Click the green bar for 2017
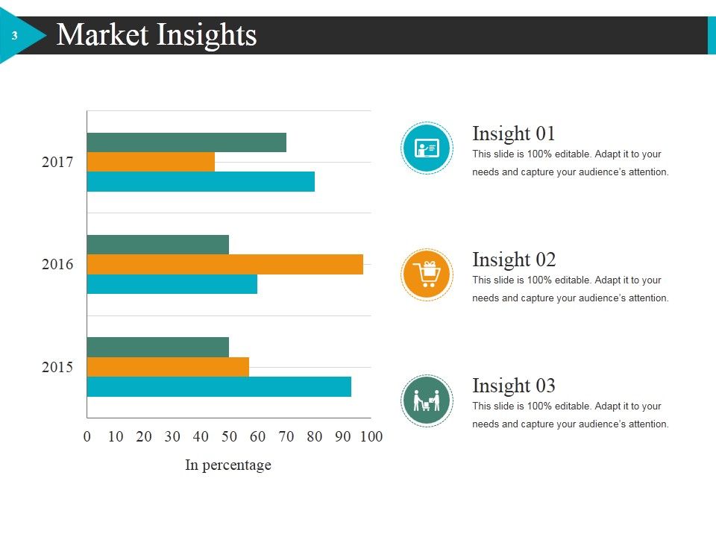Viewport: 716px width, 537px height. point(186,142)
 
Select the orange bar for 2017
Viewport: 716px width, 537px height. point(151,162)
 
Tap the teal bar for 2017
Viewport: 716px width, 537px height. point(201,181)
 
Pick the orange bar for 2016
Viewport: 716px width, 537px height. point(225,264)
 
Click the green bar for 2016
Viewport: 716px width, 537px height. point(158,245)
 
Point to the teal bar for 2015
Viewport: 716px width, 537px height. point(219,387)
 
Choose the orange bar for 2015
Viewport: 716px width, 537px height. point(168,367)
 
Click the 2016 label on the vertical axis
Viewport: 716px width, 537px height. point(57,264)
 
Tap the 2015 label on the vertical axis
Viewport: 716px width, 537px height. point(57,367)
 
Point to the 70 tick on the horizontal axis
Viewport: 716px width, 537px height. point(286,436)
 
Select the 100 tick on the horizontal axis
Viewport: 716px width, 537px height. point(371,436)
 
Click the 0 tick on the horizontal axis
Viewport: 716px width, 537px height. point(87,436)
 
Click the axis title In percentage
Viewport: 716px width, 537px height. point(228,465)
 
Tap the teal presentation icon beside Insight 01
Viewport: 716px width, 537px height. point(427,148)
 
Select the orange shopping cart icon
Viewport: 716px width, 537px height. point(427,274)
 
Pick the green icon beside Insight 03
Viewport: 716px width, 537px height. point(427,401)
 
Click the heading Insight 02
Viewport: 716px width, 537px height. point(514,260)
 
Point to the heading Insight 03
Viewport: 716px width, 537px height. point(514,386)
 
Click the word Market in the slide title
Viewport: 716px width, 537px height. point(102,35)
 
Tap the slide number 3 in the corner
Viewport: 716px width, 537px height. point(15,36)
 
